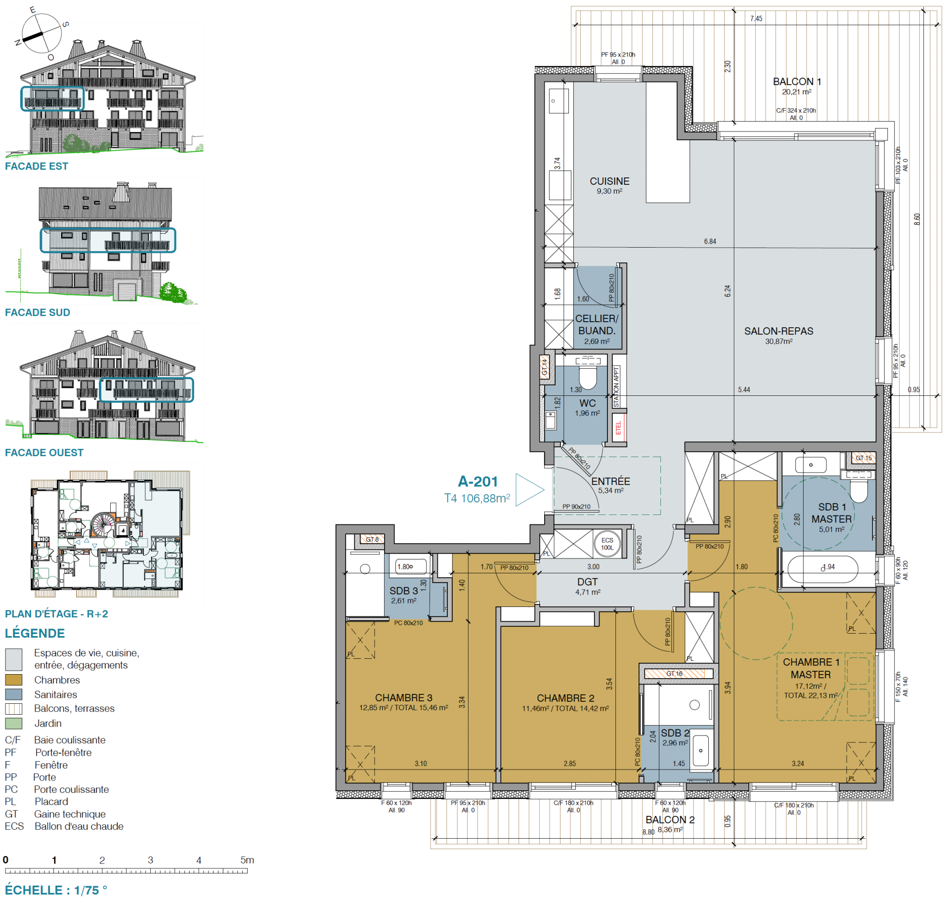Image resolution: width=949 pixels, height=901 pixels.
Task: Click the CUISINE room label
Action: click(x=609, y=181)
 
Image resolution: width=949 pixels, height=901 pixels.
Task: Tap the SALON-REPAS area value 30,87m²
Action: click(x=778, y=342)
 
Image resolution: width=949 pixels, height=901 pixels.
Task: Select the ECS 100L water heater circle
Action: click(x=607, y=544)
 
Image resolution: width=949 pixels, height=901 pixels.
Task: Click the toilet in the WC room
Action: click(x=588, y=378)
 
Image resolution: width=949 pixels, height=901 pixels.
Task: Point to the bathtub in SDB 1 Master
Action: click(x=822, y=570)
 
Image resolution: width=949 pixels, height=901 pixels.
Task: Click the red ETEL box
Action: click(x=618, y=428)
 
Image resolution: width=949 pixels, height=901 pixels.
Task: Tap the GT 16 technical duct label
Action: click(x=674, y=674)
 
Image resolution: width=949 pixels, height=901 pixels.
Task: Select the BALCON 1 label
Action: click(x=796, y=82)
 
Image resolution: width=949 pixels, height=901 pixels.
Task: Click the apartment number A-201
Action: click(x=477, y=481)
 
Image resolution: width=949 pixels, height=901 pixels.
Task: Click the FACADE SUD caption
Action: click(x=38, y=312)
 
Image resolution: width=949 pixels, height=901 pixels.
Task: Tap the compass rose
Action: click(x=42, y=34)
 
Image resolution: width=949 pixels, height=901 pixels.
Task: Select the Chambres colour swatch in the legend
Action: click(x=13, y=680)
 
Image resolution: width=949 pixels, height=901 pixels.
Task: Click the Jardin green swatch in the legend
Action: click(x=13, y=723)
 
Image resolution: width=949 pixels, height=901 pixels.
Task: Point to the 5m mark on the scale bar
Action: click(x=247, y=860)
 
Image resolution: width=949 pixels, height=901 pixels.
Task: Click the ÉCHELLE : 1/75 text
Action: click(x=55, y=890)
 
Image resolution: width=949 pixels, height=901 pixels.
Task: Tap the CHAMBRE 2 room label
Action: click(x=565, y=698)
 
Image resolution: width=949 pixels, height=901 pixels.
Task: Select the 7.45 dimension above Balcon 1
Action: click(x=756, y=19)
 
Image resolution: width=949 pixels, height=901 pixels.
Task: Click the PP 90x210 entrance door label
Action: click(x=576, y=507)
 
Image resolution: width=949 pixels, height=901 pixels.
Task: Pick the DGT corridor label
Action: click(x=587, y=582)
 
